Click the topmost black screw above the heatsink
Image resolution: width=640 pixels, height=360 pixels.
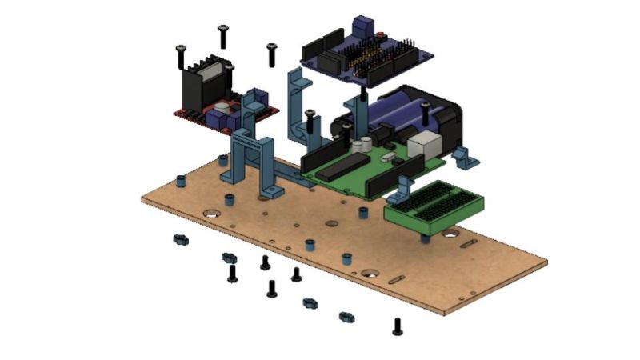point(223,35)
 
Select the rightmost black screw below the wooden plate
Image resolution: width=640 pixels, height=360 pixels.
point(398,326)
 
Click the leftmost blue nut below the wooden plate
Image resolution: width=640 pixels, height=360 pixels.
point(180,239)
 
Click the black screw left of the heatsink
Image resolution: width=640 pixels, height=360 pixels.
point(181,56)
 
